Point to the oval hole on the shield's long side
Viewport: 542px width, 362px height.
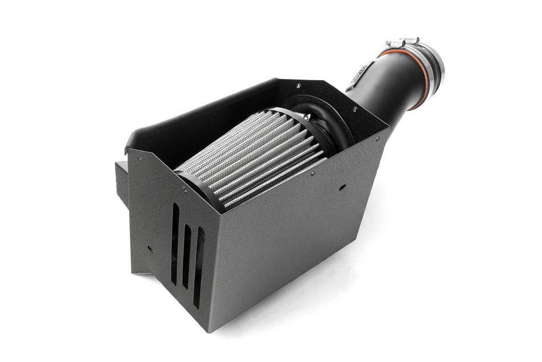[x=342, y=187]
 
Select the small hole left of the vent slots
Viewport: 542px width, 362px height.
[x=150, y=248]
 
